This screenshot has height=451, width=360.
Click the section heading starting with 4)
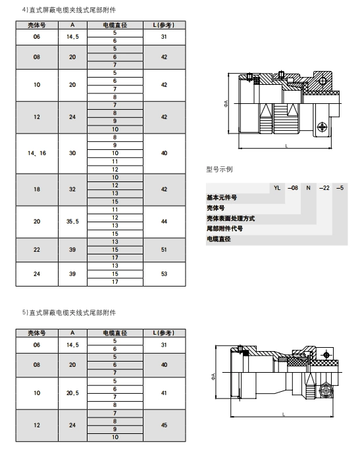(69, 10)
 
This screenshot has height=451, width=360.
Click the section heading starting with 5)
(69, 312)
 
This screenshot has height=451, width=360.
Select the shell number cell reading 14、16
(37, 153)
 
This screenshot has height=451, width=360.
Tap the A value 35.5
(72, 222)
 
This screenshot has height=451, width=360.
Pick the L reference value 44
(164, 222)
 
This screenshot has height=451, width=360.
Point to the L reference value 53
(164, 273)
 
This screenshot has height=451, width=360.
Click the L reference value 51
(164, 250)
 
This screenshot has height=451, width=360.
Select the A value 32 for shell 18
(72, 189)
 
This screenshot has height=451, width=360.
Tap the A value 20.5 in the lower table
(72, 393)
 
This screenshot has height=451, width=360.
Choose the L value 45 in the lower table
(164, 425)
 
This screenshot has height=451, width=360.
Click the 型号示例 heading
(219, 169)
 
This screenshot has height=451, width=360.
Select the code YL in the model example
(277, 188)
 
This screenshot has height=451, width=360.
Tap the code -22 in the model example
(324, 188)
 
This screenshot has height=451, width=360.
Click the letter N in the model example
(309, 188)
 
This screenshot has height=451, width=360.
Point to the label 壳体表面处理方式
(231, 218)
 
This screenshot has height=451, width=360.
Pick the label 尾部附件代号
(224, 229)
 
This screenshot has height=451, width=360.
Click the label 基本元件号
(222, 198)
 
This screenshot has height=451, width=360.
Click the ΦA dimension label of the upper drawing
(226, 104)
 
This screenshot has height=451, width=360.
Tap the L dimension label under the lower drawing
(284, 414)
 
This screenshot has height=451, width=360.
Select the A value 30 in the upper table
(72, 153)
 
